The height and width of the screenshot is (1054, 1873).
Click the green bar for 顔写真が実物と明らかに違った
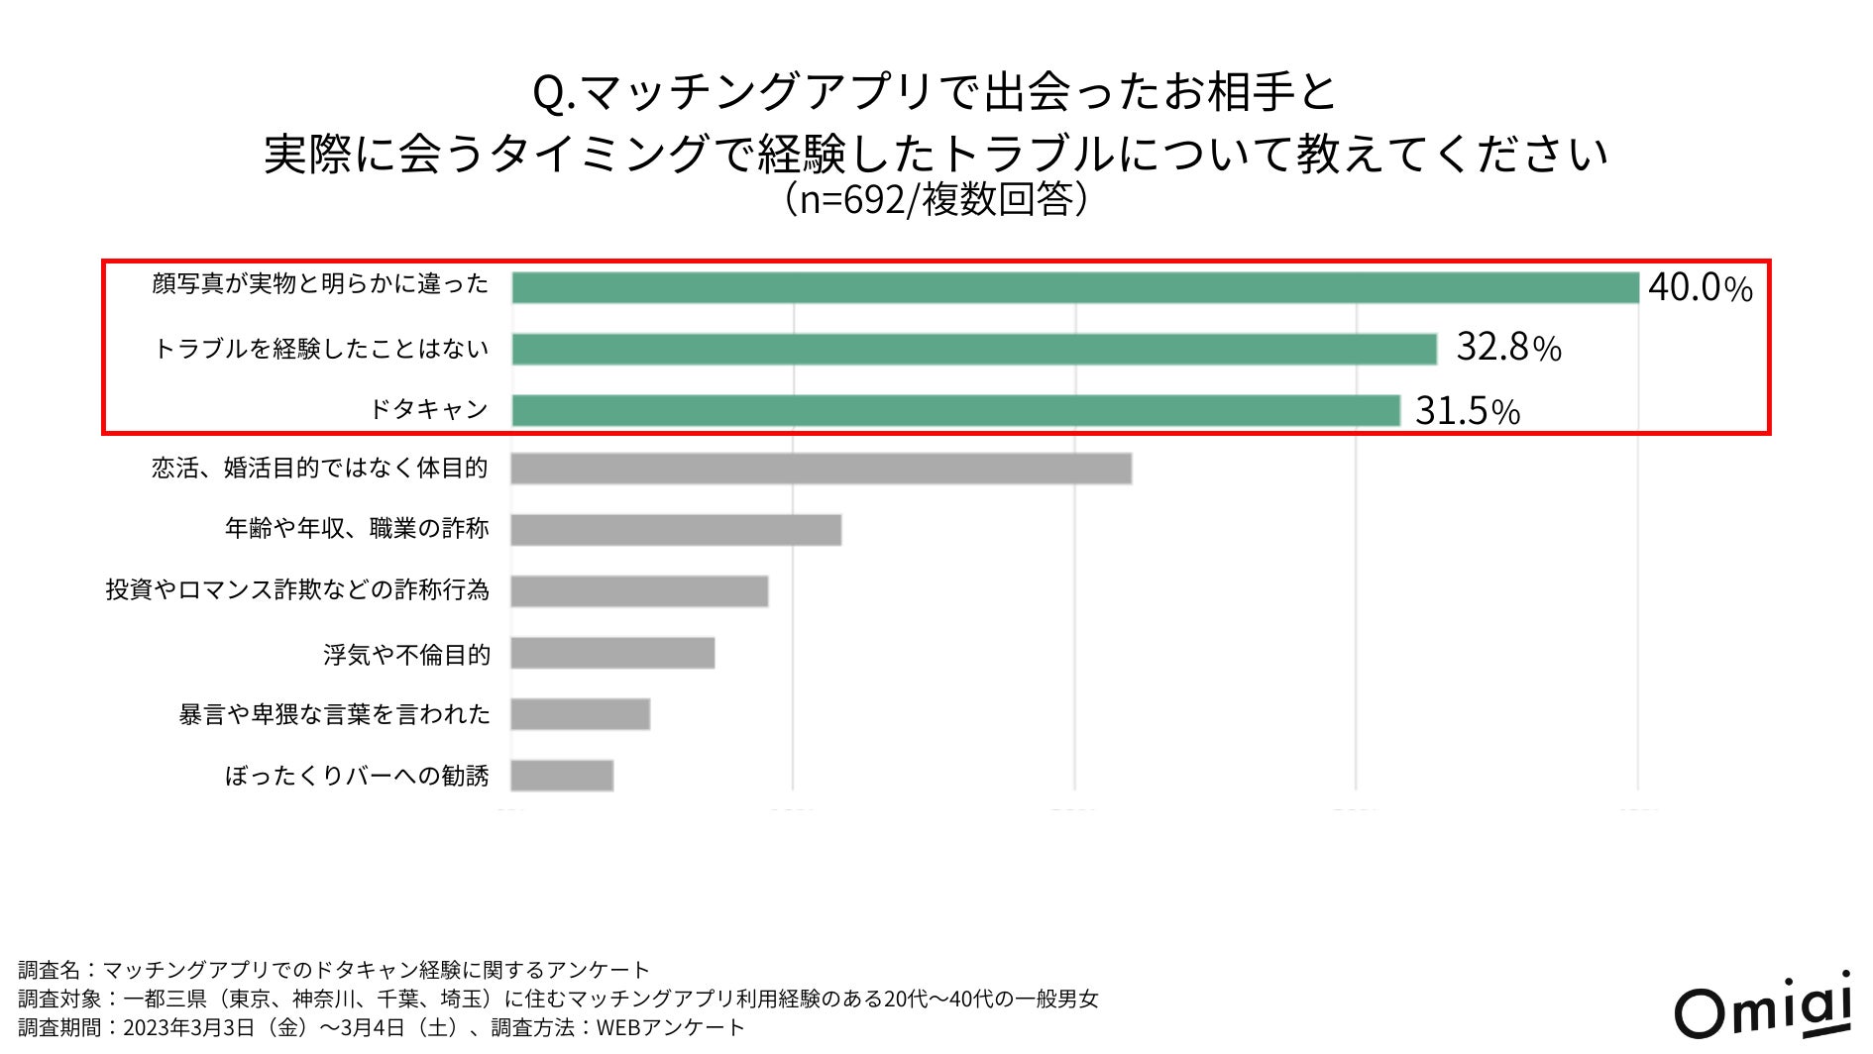[1074, 287]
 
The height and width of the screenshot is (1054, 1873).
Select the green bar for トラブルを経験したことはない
[973, 349]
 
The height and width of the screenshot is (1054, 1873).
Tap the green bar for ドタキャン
[955, 410]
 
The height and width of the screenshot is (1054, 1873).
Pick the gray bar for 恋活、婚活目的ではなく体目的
[821, 469]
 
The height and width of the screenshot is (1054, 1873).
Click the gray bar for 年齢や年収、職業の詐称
[676, 529]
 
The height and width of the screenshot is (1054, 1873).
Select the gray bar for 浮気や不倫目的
[612, 653]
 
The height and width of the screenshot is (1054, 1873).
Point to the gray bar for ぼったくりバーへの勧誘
[562, 776]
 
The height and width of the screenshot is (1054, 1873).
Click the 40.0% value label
[1700, 287]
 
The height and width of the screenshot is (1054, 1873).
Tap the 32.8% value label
[1507, 348]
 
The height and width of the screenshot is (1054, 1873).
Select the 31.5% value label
[1467, 410]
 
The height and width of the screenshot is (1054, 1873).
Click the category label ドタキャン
[428, 409]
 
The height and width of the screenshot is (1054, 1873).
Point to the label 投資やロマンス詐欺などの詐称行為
[297, 590]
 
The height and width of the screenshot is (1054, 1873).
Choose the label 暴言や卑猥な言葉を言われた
[334, 714]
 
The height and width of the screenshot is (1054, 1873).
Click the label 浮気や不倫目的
[406, 654]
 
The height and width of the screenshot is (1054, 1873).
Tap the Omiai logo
[1763, 1007]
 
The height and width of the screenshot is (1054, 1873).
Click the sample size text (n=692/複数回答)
[936, 199]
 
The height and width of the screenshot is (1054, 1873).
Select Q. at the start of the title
[555, 94]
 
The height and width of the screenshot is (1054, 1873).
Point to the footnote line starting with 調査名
[334, 969]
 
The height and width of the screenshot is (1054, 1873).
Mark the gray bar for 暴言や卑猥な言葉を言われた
[580, 714]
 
